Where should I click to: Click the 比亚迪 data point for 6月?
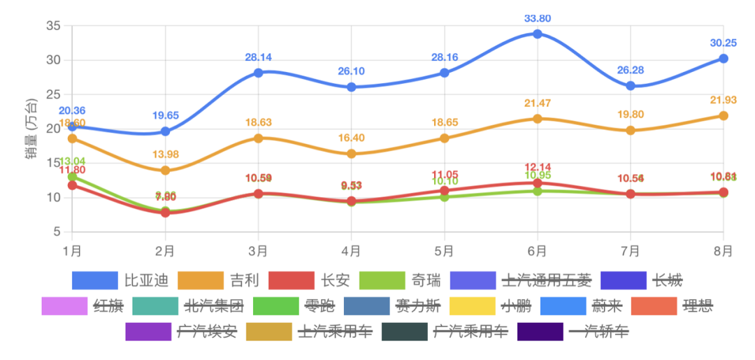click(538, 34)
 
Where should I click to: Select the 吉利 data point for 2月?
click(165, 171)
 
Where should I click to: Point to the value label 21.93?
click(724, 101)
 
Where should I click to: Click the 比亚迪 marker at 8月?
click(724, 59)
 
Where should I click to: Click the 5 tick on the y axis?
click(59, 231)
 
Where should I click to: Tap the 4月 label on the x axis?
click(351, 250)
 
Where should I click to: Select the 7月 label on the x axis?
click(631, 250)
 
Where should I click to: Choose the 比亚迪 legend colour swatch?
click(94, 280)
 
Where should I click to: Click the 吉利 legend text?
click(244, 280)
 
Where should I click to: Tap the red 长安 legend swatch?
click(291, 280)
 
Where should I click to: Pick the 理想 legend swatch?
click(654, 306)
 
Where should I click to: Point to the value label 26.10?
click(351, 71)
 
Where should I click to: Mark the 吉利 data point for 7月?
click(631, 130)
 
